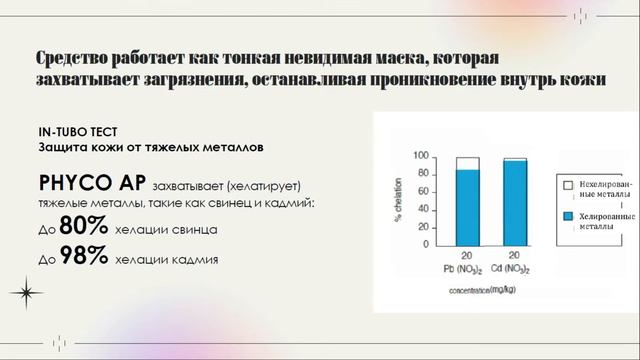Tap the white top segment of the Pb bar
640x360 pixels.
467,163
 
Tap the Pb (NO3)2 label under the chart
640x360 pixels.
467,269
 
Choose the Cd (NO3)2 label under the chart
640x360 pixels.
515,269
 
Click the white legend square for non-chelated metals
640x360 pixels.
566,186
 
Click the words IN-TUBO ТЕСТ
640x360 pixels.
78,132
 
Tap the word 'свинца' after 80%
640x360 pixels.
194,230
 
